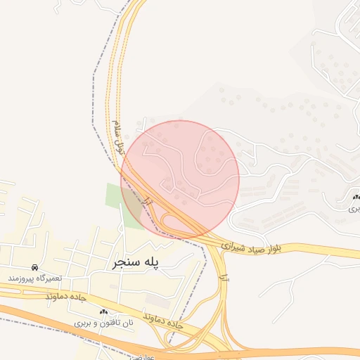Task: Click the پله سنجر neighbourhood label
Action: click(136, 262)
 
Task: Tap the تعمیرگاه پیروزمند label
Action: click(35, 278)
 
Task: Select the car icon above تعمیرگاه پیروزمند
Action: click(34, 267)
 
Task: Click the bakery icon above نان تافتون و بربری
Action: click(104, 311)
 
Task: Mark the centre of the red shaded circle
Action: click(180, 179)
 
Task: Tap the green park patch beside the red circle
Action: click(116, 195)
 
